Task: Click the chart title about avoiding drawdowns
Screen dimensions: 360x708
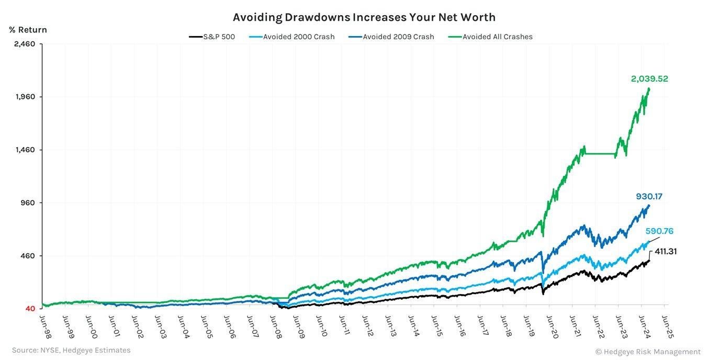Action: tap(364, 17)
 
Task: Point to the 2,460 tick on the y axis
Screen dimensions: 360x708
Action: tap(24, 44)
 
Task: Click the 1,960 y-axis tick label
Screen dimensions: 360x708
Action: tap(24, 97)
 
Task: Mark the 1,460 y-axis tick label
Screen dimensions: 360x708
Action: tap(24, 150)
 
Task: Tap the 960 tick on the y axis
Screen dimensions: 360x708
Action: tap(27, 203)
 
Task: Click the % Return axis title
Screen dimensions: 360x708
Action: tap(28, 30)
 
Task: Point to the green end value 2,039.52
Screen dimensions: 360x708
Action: tap(649, 79)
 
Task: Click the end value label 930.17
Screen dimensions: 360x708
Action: tap(649, 197)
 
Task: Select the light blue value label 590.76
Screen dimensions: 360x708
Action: tap(658, 231)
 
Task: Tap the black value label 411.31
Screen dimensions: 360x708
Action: tap(666, 252)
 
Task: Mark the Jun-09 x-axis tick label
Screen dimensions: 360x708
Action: tap(296, 324)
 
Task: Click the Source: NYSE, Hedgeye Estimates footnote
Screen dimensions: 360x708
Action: tap(71, 350)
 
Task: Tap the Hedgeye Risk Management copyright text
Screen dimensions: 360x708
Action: tap(647, 352)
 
